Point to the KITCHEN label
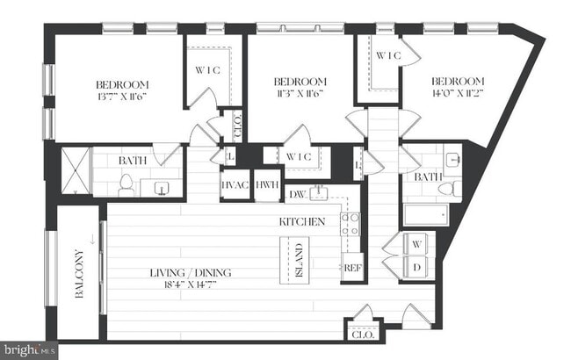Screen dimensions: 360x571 [x=303, y=221]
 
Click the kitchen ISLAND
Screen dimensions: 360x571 [x=296, y=260]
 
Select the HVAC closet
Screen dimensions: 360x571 [x=235, y=184]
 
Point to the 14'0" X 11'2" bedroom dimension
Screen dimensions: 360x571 [x=458, y=92]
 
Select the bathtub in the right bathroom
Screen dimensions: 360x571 [x=424, y=213]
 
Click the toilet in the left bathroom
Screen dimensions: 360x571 [x=126, y=185]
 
